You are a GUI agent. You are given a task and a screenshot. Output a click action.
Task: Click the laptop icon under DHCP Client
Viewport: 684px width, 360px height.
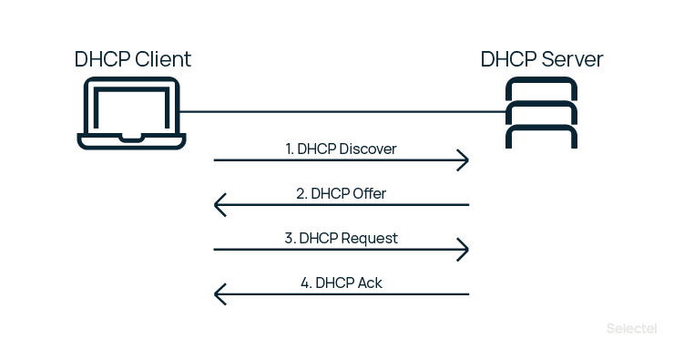pyautogui.click(x=132, y=114)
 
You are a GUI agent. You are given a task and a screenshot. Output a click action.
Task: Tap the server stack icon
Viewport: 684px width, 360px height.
pyautogui.click(x=542, y=114)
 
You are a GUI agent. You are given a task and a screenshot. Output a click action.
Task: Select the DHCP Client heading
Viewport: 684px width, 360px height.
pyautogui.click(x=133, y=60)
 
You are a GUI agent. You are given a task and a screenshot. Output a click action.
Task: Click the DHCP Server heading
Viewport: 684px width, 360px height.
pyautogui.click(x=542, y=60)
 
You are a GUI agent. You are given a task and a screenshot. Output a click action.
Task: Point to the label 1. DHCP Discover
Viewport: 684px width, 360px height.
pyautogui.click(x=341, y=149)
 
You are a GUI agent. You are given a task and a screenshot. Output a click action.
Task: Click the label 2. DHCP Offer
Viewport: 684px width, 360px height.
pyautogui.click(x=341, y=193)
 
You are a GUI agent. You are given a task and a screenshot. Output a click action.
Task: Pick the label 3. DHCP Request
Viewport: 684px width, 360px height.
pyautogui.click(x=341, y=238)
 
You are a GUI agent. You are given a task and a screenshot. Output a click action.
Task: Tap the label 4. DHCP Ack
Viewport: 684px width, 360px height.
pyautogui.click(x=341, y=283)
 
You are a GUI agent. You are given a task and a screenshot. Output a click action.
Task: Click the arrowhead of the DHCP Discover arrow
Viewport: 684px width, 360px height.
pyautogui.click(x=465, y=160)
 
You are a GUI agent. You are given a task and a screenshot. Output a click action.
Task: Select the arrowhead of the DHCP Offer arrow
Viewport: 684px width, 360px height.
pyautogui.click(x=219, y=205)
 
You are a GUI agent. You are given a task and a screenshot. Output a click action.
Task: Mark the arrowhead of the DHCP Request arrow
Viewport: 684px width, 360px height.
pyautogui.click(x=465, y=250)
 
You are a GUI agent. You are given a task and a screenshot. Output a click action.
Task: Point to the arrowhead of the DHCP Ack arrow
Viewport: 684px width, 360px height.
pyautogui.click(x=219, y=294)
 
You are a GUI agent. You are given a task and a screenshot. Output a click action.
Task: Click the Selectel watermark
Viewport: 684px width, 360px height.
pyautogui.click(x=634, y=327)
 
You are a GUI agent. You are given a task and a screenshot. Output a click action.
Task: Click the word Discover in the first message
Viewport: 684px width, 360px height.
pyautogui.click(x=367, y=149)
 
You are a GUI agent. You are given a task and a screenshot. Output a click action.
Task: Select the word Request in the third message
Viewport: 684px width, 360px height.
pyautogui.click(x=367, y=238)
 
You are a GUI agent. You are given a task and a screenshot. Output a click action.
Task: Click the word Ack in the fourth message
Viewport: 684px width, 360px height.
pyautogui.click(x=369, y=283)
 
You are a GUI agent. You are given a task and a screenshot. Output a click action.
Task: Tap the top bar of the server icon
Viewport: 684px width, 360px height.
pyautogui.click(x=542, y=89)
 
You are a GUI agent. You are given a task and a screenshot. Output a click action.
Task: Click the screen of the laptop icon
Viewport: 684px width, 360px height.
pyautogui.click(x=132, y=108)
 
